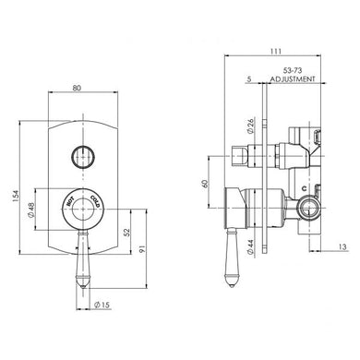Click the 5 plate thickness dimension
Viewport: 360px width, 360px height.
[249, 80]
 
